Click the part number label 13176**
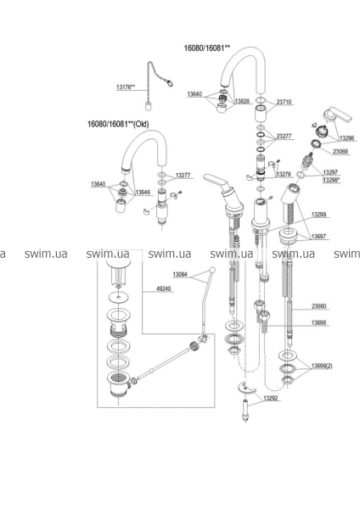[126, 87]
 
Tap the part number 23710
[284, 102]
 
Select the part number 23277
[284, 137]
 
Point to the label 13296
[347, 138]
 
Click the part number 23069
[340, 151]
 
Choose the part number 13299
[320, 215]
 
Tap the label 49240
[164, 288]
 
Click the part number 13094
[180, 275]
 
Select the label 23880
[319, 306]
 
